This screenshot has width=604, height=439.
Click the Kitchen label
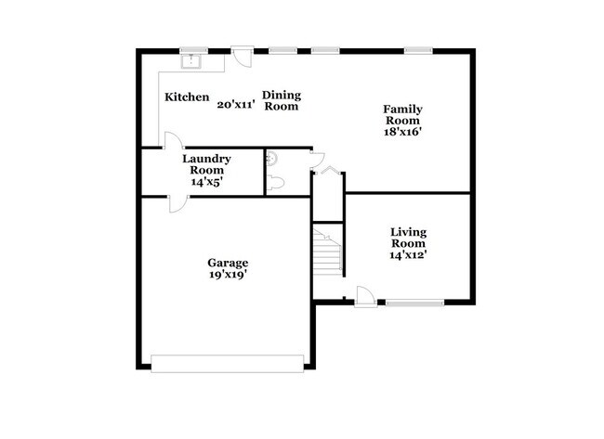(x=187, y=97)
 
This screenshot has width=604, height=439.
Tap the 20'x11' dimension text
(x=236, y=105)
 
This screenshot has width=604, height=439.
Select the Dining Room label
(x=280, y=100)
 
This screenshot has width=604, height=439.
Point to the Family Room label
(x=401, y=114)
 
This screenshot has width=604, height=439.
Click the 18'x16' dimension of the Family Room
(x=401, y=131)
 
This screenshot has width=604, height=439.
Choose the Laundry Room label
(x=206, y=164)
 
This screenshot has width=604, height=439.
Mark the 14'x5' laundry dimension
(x=206, y=182)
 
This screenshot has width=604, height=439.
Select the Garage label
(x=228, y=263)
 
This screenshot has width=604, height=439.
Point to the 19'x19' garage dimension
(x=228, y=275)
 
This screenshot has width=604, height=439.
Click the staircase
(x=327, y=251)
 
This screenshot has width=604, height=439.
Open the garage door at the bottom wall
(x=228, y=363)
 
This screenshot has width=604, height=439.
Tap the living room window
(x=414, y=302)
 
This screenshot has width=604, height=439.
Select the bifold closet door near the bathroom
(x=330, y=168)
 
